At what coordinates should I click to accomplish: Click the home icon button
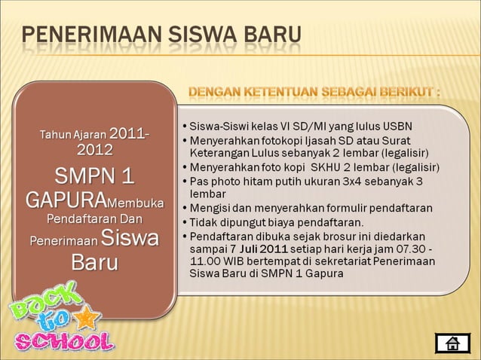coord(452,344)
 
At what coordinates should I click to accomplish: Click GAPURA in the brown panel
coord(63,202)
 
